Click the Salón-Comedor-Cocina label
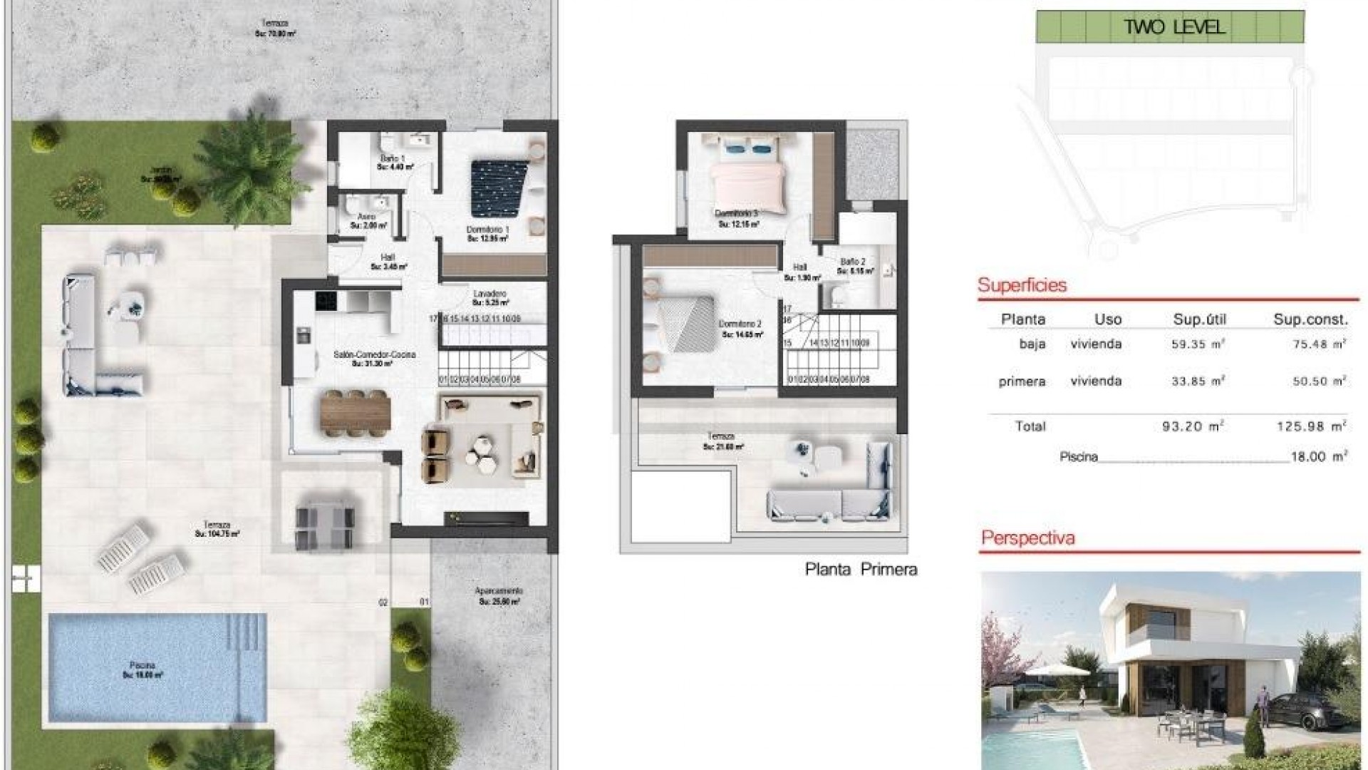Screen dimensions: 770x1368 click(x=374, y=354)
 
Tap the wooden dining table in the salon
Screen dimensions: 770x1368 click(x=356, y=414)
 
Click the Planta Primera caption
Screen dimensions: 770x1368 click(x=861, y=570)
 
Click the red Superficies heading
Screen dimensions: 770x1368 click(x=1022, y=286)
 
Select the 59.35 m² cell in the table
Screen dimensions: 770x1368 click(x=1198, y=344)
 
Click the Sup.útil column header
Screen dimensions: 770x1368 click(x=1199, y=319)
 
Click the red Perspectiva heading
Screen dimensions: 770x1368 click(x=1027, y=538)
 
